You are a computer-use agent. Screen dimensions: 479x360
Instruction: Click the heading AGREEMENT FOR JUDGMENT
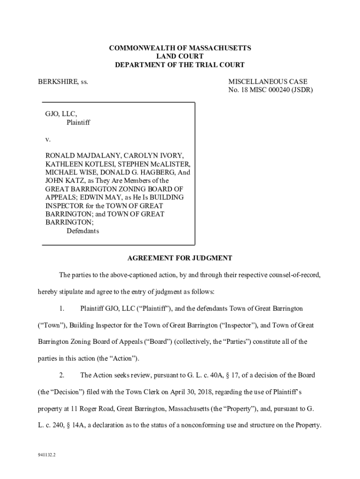coord(180,258)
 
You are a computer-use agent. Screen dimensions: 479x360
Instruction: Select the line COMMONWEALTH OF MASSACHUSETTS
coord(180,48)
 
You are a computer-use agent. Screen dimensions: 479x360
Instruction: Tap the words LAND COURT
coord(180,57)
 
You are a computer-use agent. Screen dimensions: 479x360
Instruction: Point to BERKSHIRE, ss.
coord(63,82)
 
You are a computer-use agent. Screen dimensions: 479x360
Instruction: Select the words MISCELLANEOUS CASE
coord(267,82)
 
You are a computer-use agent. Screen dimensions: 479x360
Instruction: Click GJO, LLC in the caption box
coord(61,114)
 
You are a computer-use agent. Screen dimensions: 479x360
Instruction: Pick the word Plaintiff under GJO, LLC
coord(78,123)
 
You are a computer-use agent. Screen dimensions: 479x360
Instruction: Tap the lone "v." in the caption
coord(48,139)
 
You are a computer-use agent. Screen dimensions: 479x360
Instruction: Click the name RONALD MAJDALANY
coord(79,156)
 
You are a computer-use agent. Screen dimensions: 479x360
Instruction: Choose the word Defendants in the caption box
coord(83,231)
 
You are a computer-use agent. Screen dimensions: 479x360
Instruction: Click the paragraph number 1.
coord(62,309)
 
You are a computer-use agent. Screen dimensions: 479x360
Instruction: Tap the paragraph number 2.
coord(62,375)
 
